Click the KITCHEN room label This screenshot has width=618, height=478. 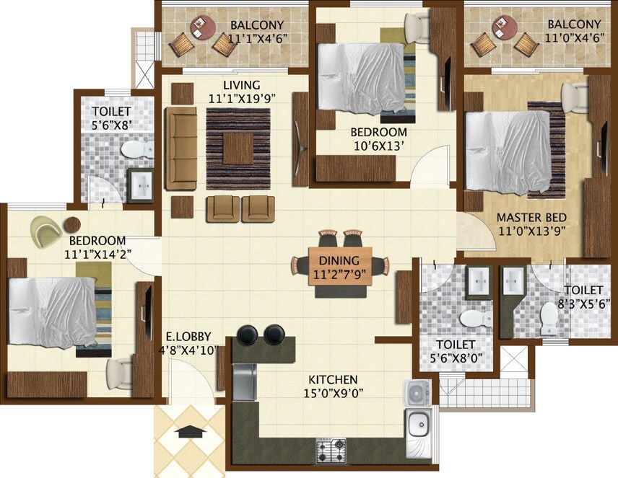tap(333, 379)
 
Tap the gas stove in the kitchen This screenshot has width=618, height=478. tap(331, 451)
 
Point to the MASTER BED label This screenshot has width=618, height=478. tap(531, 218)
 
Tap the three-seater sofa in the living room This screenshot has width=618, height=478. tap(180, 149)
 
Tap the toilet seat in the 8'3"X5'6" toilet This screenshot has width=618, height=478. tap(549, 313)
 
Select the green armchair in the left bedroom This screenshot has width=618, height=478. tap(46, 231)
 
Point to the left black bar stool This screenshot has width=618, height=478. tap(247, 334)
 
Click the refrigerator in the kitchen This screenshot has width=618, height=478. tap(244, 382)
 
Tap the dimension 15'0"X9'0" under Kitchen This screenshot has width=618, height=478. tap(333, 393)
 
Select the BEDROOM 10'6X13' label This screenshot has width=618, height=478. tap(378, 133)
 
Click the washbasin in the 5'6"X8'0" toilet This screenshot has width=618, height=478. tap(478, 282)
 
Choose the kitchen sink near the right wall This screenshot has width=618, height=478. tap(419, 423)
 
